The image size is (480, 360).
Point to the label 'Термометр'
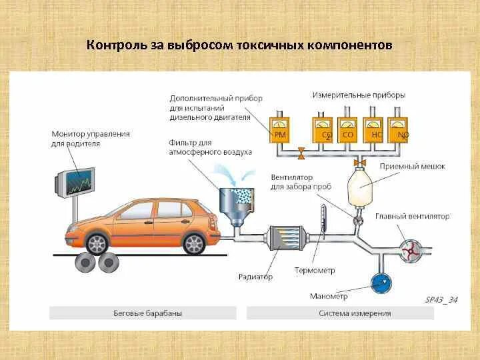[315, 271]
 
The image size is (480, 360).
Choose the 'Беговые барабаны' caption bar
[143, 313]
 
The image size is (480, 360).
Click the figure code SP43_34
[441, 299]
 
